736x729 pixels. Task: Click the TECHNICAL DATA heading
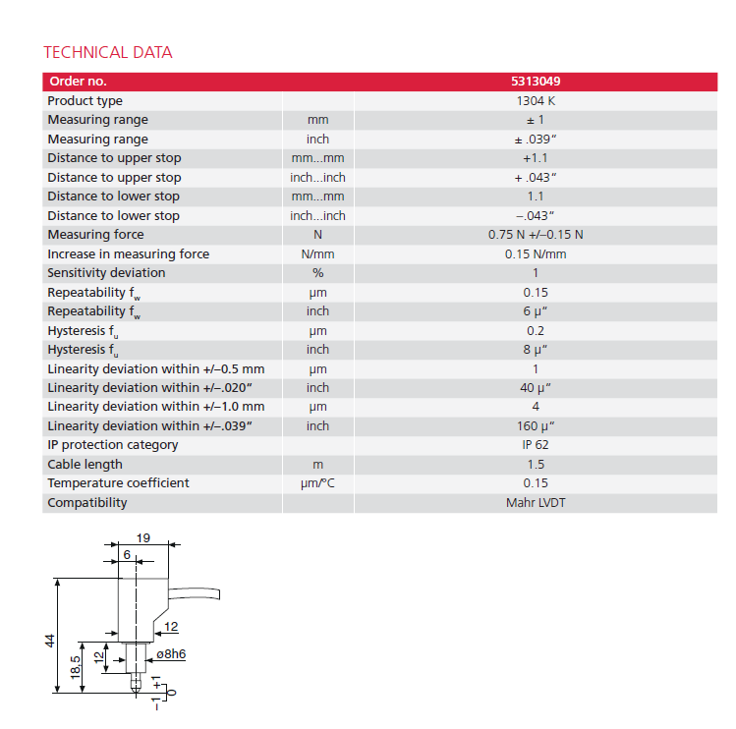[108, 52]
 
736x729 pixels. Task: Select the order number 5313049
[535, 82]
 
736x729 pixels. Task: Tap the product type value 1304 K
[535, 101]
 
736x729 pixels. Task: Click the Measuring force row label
[95, 235]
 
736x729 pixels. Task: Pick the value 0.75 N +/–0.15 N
[535, 235]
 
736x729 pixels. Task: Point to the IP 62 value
[535, 445]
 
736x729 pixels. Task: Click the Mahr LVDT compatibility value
[535, 503]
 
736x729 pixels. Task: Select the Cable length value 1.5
[535, 465]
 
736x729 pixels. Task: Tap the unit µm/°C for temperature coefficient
[317, 483]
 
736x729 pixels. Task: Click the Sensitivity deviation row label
[106, 273]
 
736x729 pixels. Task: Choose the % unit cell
[317, 273]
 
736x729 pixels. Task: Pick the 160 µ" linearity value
[535, 426]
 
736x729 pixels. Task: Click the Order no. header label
[78, 82]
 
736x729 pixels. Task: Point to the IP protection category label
[113, 445]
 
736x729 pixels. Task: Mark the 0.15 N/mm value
[535, 254]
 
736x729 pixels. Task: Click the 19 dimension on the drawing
[143, 537]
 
